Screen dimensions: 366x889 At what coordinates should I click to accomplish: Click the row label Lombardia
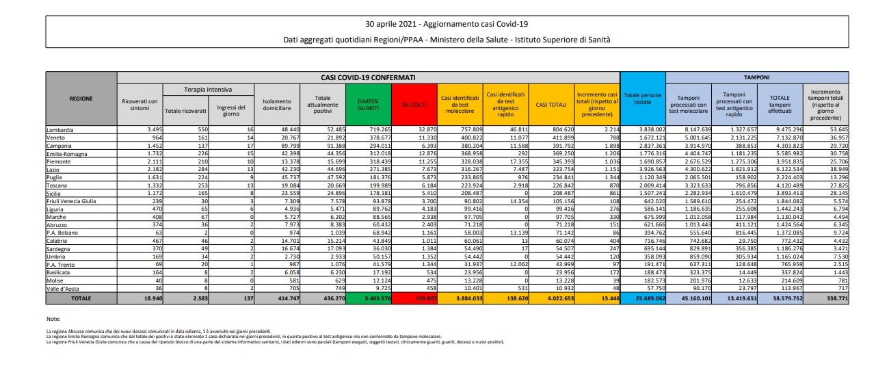click(59, 129)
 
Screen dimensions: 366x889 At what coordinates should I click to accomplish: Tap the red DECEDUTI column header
click(414, 104)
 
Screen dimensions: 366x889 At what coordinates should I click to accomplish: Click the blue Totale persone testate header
click(642, 99)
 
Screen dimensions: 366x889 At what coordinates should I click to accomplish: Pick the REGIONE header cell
click(81, 99)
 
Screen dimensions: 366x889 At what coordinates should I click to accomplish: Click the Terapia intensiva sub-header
click(207, 90)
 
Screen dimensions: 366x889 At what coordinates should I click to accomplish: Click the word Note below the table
click(53, 319)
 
